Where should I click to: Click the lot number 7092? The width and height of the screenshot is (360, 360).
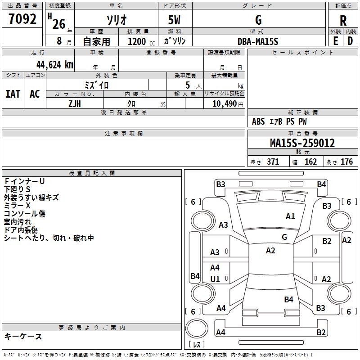pos(22,19)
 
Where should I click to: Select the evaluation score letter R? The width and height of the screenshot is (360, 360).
pos(343,21)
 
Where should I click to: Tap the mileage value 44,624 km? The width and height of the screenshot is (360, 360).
pos(54,65)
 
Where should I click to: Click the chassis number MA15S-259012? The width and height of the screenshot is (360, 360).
pos(302,143)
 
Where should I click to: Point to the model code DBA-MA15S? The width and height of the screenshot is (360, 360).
pos(258,41)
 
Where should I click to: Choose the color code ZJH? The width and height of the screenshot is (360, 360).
pos(75,104)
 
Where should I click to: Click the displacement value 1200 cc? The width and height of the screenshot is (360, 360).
pos(141,41)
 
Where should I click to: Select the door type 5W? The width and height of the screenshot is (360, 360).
pos(174,20)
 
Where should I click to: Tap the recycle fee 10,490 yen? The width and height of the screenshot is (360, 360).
pos(228,104)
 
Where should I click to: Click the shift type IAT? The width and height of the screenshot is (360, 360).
pos(13,94)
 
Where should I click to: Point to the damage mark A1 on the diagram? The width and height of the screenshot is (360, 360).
pos(290,216)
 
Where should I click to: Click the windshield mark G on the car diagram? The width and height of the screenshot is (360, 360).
pos(284,237)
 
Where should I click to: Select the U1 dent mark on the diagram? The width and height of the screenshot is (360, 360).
pos(215,279)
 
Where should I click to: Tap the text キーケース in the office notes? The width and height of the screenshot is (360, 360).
pos(23,336)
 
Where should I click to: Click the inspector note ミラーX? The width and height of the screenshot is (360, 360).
pos(17,206)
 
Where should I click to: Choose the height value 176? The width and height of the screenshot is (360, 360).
pos(346,162)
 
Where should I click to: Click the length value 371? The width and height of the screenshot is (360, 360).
pos(273,162)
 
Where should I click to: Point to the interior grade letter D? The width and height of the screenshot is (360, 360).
pos(350,41)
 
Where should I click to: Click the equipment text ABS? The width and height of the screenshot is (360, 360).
pos(258,121)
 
